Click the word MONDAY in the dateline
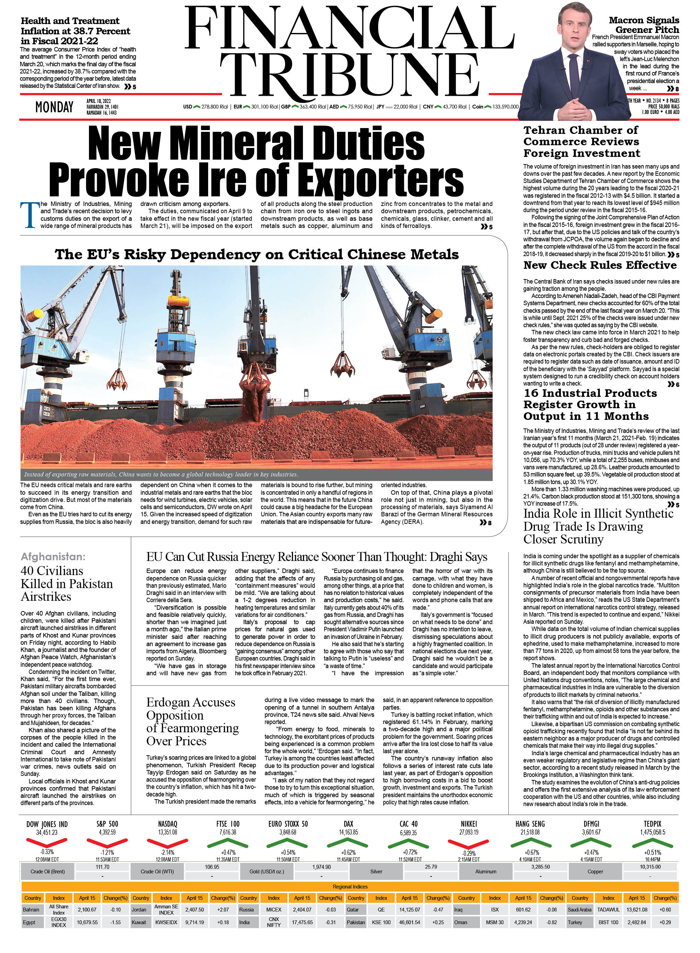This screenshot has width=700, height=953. point(54,107)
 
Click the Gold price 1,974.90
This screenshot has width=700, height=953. point(321,867)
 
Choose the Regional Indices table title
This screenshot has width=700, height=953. point(350,886)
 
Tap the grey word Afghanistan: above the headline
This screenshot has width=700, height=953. point(53,556)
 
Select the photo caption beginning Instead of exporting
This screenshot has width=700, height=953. point(161,474)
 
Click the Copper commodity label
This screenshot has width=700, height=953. point(595,872)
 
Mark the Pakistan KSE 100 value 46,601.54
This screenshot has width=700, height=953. point(409,922)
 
